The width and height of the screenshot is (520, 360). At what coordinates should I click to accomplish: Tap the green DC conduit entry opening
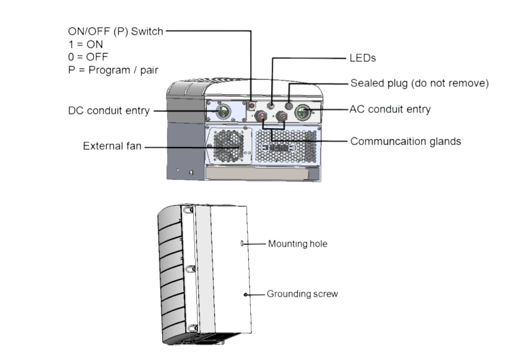(x=223, y=112)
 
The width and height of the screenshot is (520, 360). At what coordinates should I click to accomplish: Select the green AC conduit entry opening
(x=303, y=112)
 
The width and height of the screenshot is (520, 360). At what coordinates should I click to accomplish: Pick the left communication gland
(x=264, y=116)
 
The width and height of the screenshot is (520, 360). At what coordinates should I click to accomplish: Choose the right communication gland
(x=283, y=116)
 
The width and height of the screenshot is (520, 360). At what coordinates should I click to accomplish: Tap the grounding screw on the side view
(x=246, y=294)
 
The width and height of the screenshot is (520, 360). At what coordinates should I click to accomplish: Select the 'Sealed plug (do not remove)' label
(x=420, y=83)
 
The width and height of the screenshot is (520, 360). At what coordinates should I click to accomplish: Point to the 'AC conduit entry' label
(x=390, y=109)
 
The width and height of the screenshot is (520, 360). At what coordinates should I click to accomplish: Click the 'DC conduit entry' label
(x=109, y=111)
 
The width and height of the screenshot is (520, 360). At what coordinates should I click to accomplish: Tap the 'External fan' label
(x=113, y=147)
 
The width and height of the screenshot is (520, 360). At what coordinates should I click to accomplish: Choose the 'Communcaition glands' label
(x=405, y=141)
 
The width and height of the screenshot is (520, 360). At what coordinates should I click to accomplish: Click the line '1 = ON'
(x=85, y=45)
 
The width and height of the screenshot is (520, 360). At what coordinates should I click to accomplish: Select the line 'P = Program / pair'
(x=112, y=70)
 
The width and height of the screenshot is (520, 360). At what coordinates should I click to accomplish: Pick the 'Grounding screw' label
(x=302, y=294)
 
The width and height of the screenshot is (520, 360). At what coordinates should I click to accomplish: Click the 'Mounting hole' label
(x=297, y=244)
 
